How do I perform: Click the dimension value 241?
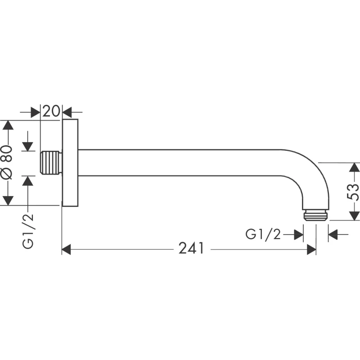point(191,248)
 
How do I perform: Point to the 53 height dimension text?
point(354,192)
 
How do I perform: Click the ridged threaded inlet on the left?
point(50,163)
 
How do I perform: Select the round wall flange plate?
point(70,163)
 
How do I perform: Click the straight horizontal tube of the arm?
point(180,163)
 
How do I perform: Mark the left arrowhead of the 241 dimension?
point(66,248)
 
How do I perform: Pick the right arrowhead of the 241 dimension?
point(311,248)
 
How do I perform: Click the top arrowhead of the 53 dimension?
point(355,167)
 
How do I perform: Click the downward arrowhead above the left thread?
point(28,147)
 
